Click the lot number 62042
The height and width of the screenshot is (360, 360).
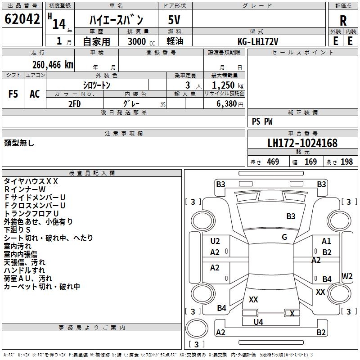[x=22, y=19]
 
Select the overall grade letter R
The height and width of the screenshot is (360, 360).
[x=343, y=21]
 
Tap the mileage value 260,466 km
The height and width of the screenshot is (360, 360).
[x=53, y=65]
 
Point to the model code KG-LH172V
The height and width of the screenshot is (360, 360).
[x=258, y=41]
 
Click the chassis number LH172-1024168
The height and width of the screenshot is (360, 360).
[x=302, y=143]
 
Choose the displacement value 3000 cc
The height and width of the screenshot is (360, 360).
[x=141, y=41]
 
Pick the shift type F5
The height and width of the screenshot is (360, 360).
[x=13, y=94]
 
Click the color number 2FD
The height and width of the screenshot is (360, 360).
[x=75, y=104]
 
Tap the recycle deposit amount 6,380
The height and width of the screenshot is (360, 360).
[x=227, y=104]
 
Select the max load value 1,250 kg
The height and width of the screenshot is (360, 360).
[x=228, y=85]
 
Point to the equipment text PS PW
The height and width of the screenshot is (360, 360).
[x=262, y=121]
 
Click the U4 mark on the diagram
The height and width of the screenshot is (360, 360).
[x=258, y=322]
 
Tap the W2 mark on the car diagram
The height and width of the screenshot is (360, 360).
[x=347, y=276]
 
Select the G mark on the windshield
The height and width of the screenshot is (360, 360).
[x=284, y=237]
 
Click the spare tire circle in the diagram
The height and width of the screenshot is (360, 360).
[x=196, y=328]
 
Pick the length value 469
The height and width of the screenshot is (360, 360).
[x=273, y=162]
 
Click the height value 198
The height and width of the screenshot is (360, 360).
[x=346, y=162]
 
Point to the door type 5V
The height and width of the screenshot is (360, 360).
[x=174, y=20]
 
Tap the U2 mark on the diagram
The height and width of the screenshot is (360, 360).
[x=215, y=241]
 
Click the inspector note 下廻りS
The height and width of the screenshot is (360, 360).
[x=17, y=230]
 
